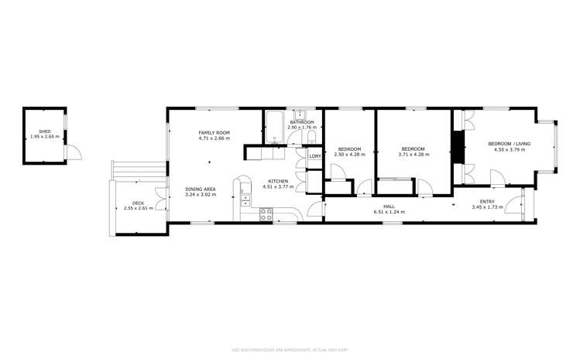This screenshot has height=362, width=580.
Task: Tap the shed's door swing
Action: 74,152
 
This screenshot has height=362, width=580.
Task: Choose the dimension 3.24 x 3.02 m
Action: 200,195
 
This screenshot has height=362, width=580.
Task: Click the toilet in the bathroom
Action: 311,138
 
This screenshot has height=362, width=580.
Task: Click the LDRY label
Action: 314,156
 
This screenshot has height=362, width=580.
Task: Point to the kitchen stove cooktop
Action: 265,214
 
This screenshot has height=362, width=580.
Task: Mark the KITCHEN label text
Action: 278,180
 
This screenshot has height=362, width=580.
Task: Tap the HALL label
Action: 389,207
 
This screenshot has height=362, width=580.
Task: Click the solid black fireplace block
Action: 458,148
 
